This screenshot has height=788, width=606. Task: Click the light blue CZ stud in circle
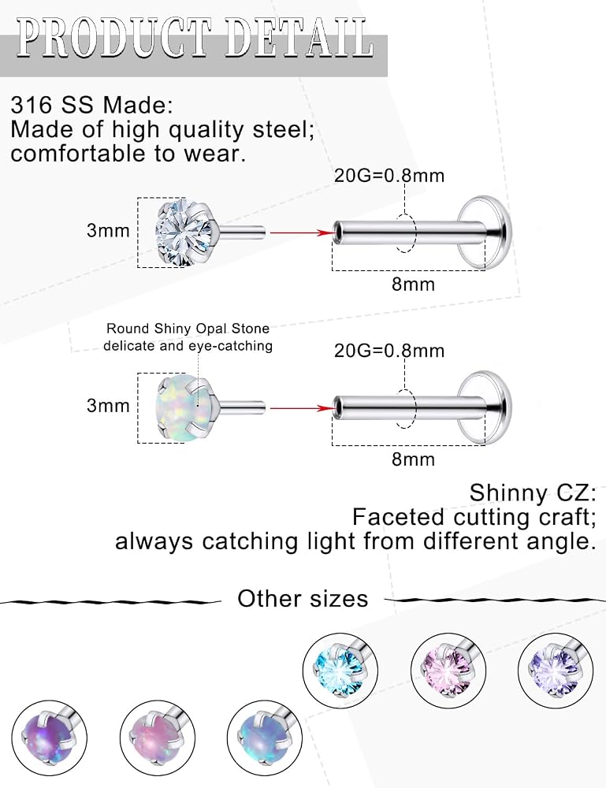[341, 671]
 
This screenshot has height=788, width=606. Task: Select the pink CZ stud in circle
[448, 671]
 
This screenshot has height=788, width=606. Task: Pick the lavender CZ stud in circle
[556, 671]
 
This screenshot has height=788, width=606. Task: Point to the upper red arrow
[303, 232]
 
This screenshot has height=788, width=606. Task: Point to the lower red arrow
[303, 407]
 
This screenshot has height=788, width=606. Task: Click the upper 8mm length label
[413, 284]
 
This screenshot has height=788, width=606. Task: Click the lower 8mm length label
[413, 459]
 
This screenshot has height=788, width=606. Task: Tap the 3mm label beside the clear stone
[108, 231]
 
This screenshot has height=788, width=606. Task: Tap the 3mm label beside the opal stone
[108, 406]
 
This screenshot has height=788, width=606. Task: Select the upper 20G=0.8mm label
[389, 176]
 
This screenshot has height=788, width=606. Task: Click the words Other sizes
[303, 599]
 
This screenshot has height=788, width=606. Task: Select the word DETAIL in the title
[299, 37]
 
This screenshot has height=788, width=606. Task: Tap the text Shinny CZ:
[533, 493]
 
